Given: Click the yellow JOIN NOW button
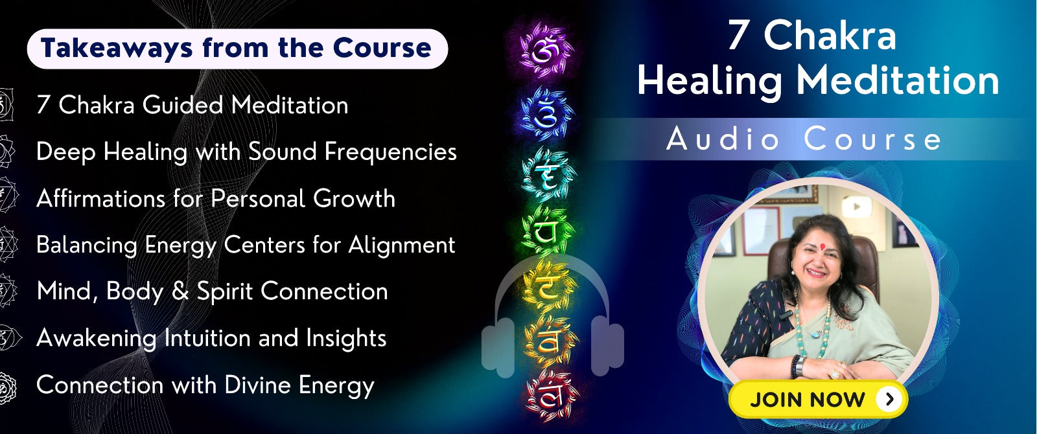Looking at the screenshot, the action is (x=818, y=399).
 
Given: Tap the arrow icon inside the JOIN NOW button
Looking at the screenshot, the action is (x=889, y=399).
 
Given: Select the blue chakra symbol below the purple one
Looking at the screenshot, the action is (x=546, y=113).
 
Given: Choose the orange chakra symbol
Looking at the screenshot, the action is (x=550, y=341).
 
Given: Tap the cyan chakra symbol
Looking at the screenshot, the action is (x=548, y=174).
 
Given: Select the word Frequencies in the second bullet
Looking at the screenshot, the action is (x=391, y=152).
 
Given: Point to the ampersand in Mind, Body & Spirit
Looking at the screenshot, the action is (x=180, y=291).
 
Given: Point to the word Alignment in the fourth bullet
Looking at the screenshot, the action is (x=402, y=246).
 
